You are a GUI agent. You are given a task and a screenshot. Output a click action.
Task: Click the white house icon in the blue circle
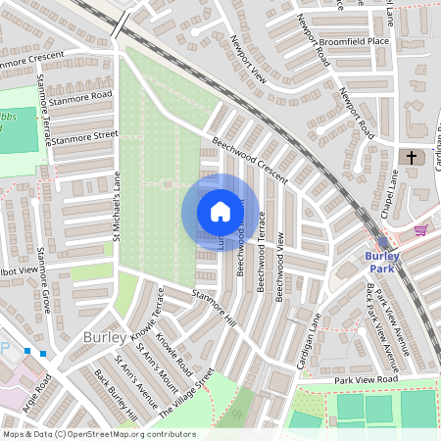coord(220,212)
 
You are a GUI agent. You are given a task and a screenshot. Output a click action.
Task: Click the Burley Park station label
coord(382,262)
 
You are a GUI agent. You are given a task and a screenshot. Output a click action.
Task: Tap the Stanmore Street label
coord(84,138)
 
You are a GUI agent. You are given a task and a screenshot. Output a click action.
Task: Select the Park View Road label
coord(366,379)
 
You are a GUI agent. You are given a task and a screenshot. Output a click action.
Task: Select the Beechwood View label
coord(281,265)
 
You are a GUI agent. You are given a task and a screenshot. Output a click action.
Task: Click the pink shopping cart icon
coord(421,230)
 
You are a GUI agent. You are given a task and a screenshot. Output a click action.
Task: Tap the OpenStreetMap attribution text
coord(98,434)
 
